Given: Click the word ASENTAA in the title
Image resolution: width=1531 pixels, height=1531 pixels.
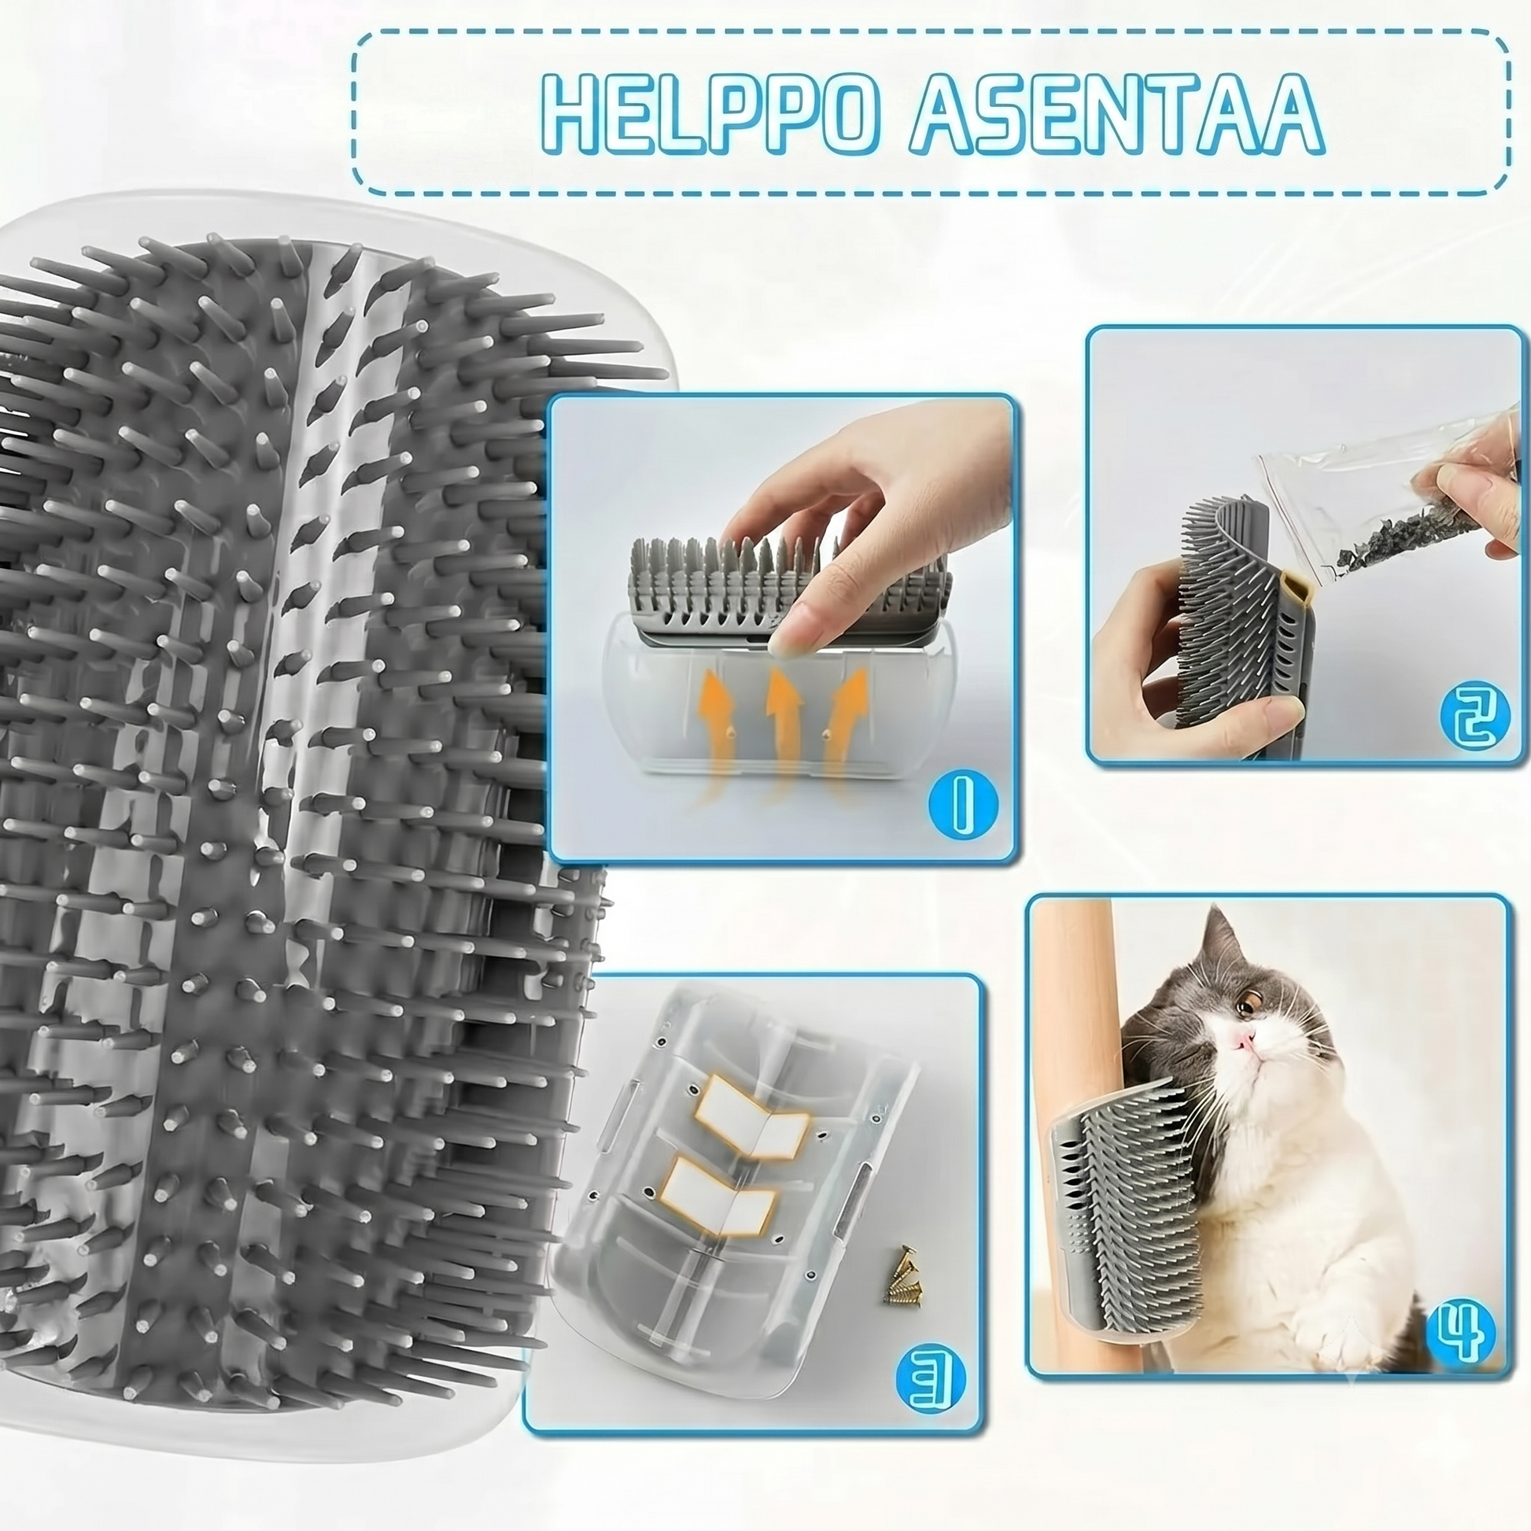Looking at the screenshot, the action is [1116, 114].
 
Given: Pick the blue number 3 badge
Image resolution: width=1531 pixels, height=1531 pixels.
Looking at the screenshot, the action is [931, 1382].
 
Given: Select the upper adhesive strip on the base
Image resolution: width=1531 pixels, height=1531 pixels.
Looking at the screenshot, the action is [751, 1118].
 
